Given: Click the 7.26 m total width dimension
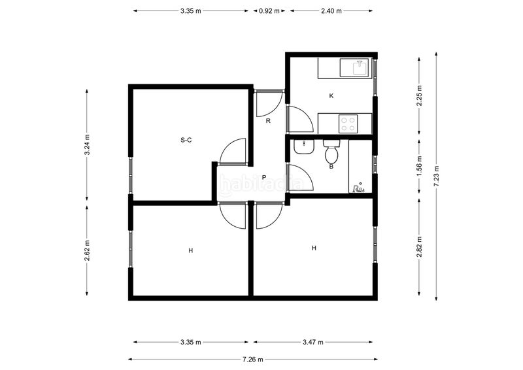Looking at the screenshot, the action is pyautogui.click(x=253, y=360).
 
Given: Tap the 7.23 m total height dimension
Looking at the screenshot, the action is pyautogui.click(x=436, y=176).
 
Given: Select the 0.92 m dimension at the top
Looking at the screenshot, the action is pyautogui.click(x=269, y=10).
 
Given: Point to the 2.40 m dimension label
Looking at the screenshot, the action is pyautogui.click(x=331, y=10).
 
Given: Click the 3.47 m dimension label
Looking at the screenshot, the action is pyautogui.click(x=313, y=342).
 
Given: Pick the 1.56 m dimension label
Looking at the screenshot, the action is pyautogui.click(x=419, y=166).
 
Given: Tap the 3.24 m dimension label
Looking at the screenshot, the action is pyautogui.click(x=87, y=145).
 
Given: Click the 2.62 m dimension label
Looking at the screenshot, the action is pyautogui.click(x=87, y=250).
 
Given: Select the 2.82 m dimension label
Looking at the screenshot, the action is pyautogui.click(x=419, y=247).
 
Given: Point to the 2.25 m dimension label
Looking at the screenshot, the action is pyautogui.click(x=419, y=95).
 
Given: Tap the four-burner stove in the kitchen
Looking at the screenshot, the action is pyautogui.click(x=348, y=124).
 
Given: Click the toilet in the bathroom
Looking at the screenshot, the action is pyautogui.click(x=331, y=152).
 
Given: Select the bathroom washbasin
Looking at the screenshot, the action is pyautogui.click(x=303, y=147).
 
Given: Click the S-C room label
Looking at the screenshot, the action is pyautogui.click(x=186, y=140).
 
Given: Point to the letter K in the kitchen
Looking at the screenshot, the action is pyautogui.click(x=331, y=96).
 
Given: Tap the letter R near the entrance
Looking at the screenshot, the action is pyautogui.click(x=268, y=121).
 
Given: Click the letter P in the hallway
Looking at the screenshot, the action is pyautogui.click(x=264, y=177).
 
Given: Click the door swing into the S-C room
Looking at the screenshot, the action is pyautogui.click(x=227, y=146).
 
